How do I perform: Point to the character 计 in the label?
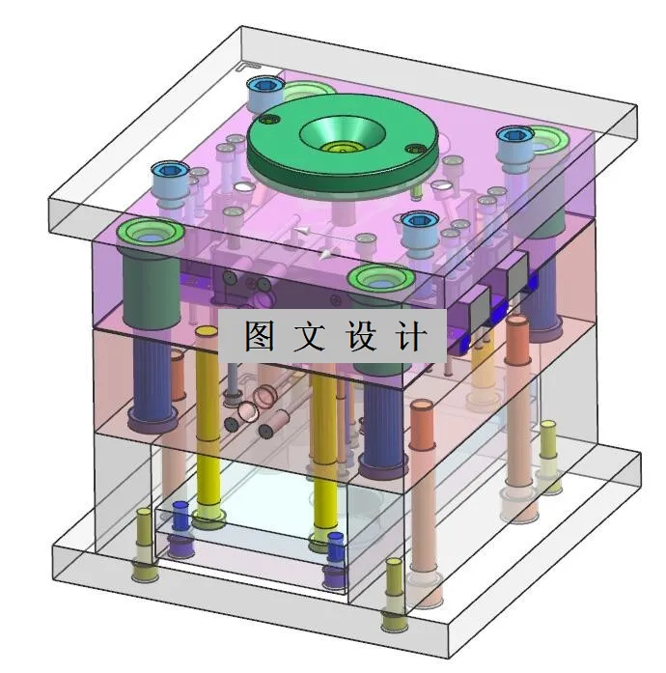411,336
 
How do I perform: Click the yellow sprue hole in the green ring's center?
340,148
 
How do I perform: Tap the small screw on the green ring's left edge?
270,121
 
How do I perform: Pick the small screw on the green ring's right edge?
415,148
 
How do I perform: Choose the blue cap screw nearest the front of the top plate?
417,223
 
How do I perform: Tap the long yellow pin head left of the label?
207,332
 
